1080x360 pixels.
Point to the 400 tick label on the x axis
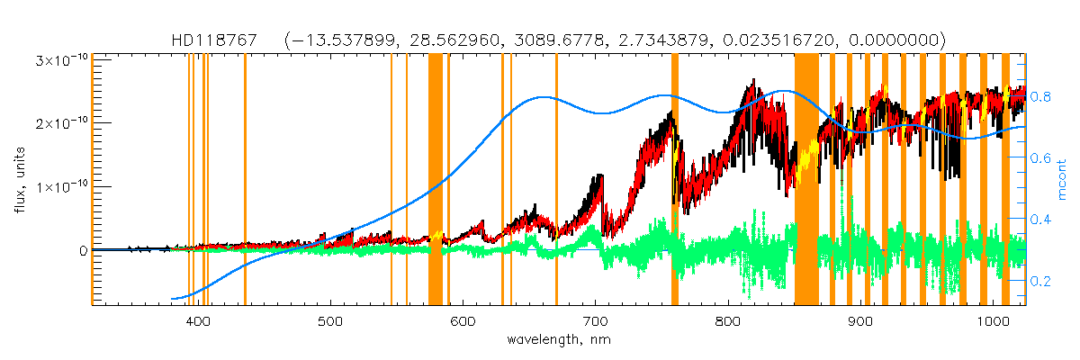coord(198,322)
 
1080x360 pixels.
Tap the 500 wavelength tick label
coord(330,322)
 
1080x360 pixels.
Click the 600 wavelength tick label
coord(463,322)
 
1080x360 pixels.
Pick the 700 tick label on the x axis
coord(595,322)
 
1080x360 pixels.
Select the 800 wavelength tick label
coord(727,322)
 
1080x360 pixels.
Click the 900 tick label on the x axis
coord(859,322)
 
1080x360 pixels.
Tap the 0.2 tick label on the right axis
coord(1041,281)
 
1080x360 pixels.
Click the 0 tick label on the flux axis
coord(83,250)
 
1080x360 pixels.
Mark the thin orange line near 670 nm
coord(556,180)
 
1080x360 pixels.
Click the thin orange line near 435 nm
coord(245,180)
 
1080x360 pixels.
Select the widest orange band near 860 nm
coord(806,180)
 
